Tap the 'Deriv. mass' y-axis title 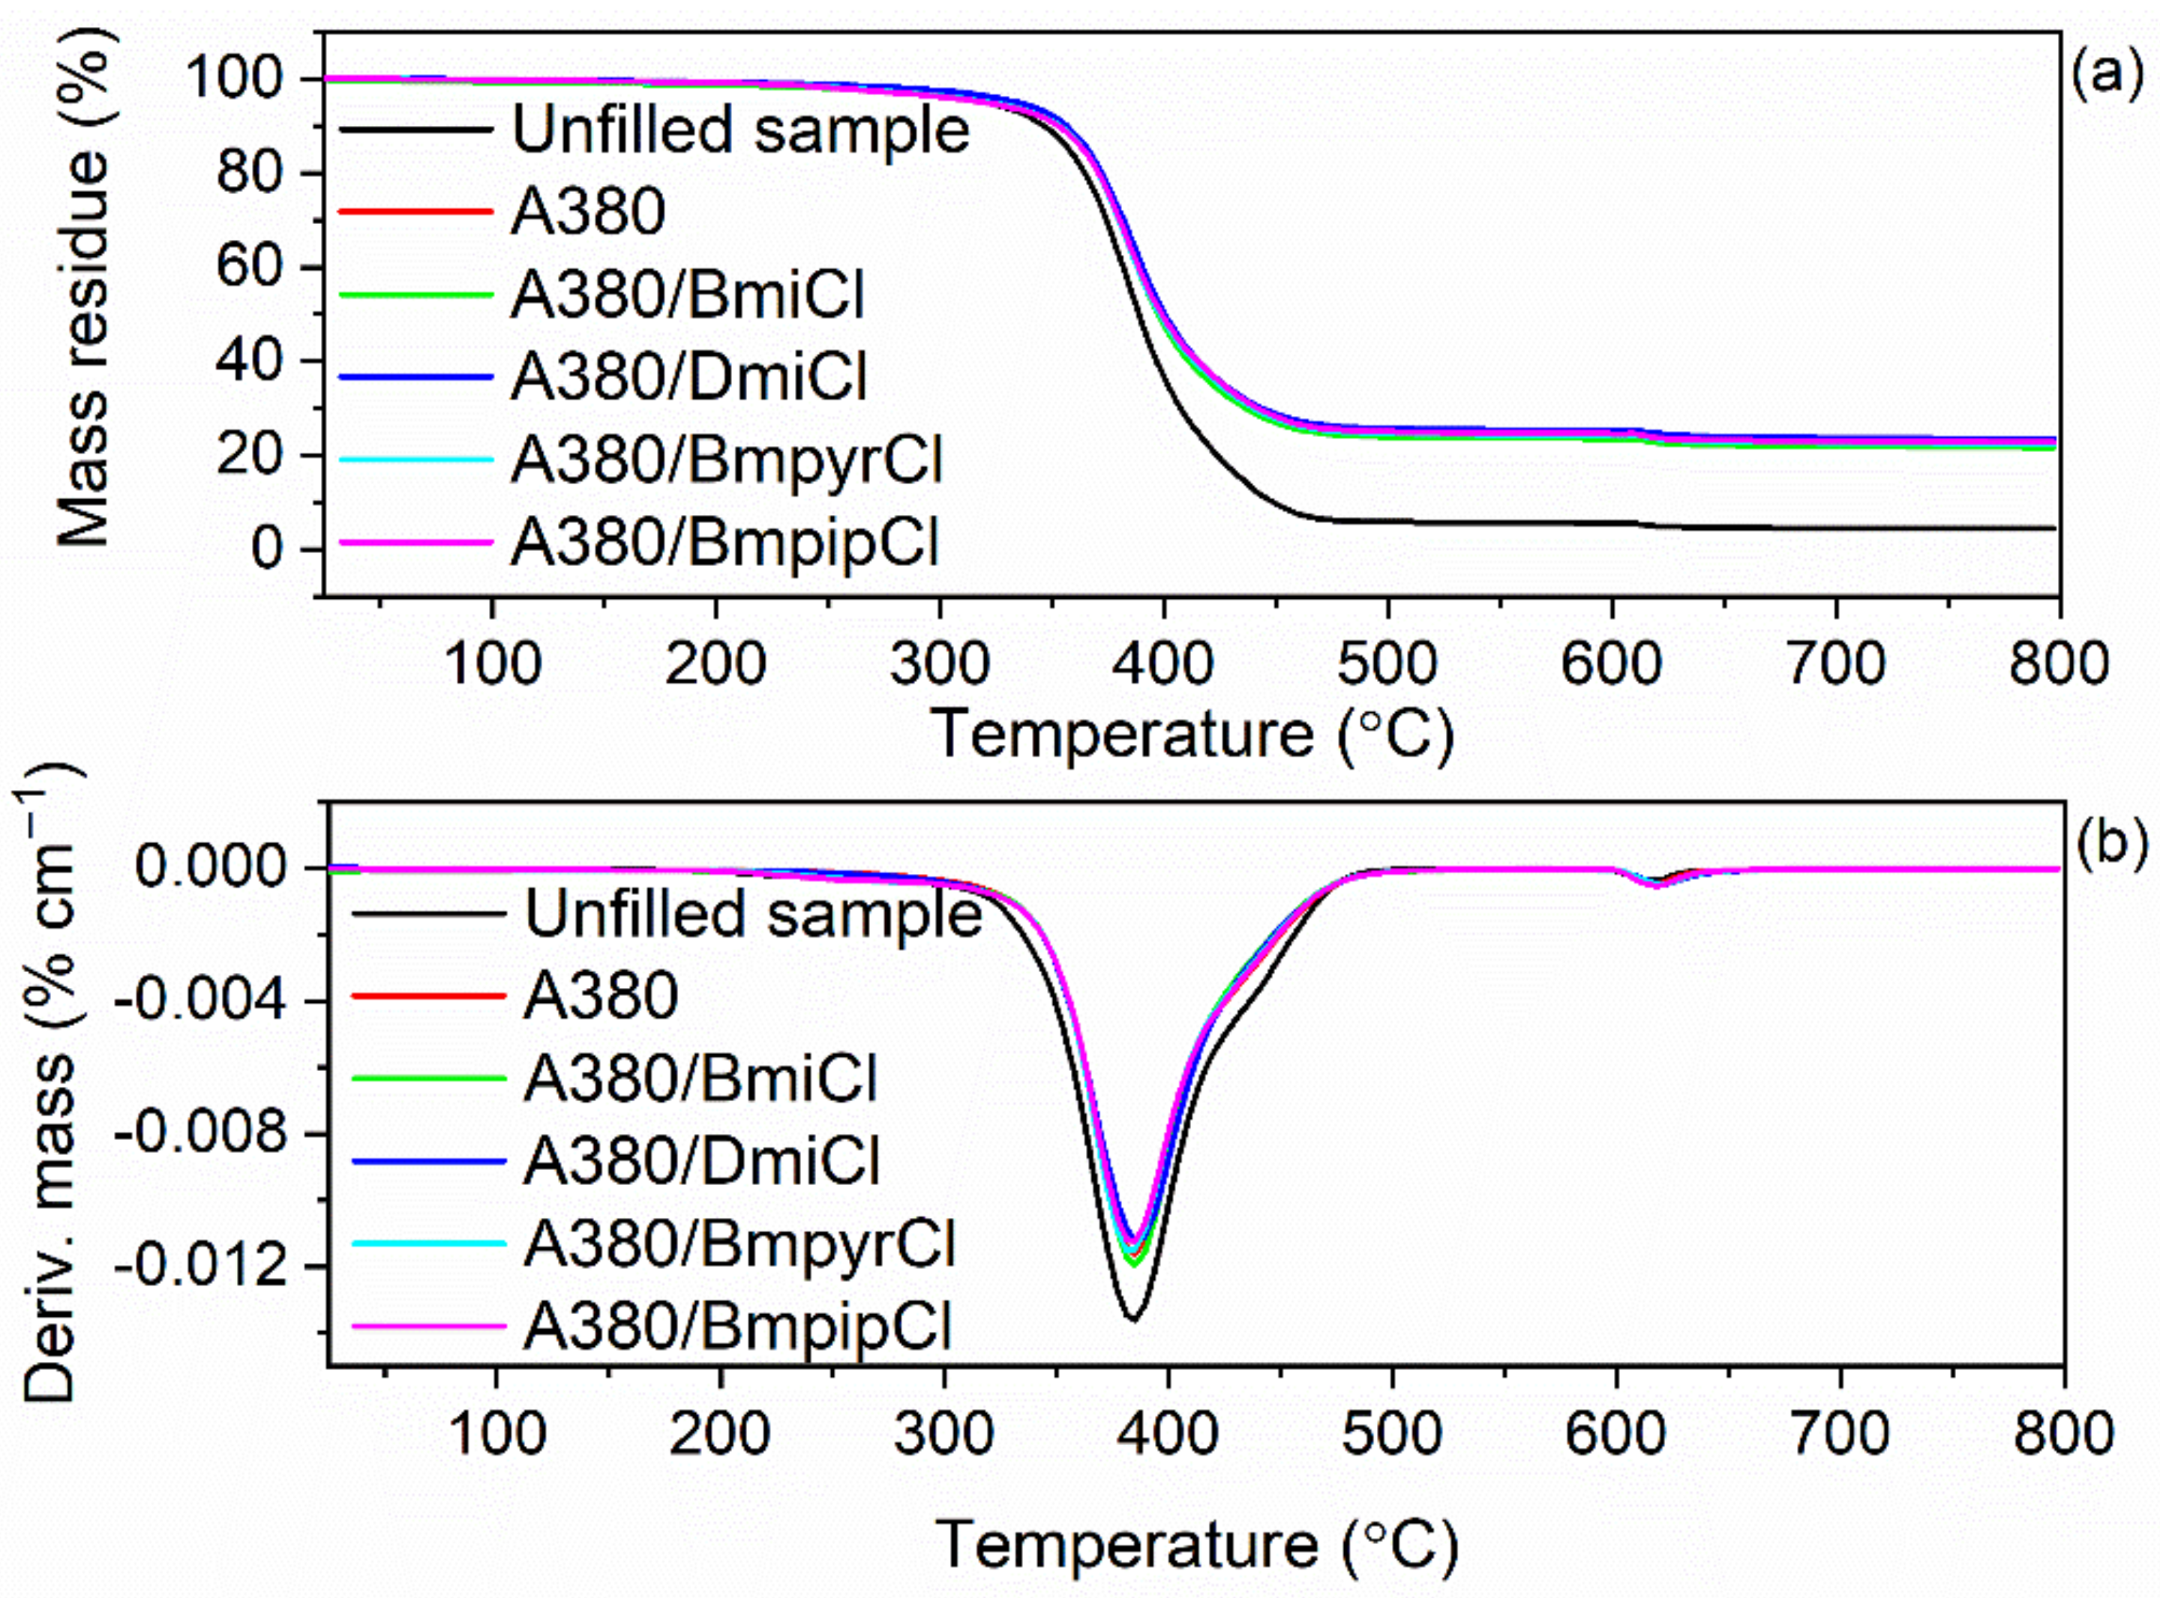(x=49, y=1083)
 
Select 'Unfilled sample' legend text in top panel (x=740, y=130)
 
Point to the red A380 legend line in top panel (x=416, y=210)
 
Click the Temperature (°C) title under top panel (x=1192, y=735)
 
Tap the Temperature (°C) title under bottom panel (x=1196, y=1544)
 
